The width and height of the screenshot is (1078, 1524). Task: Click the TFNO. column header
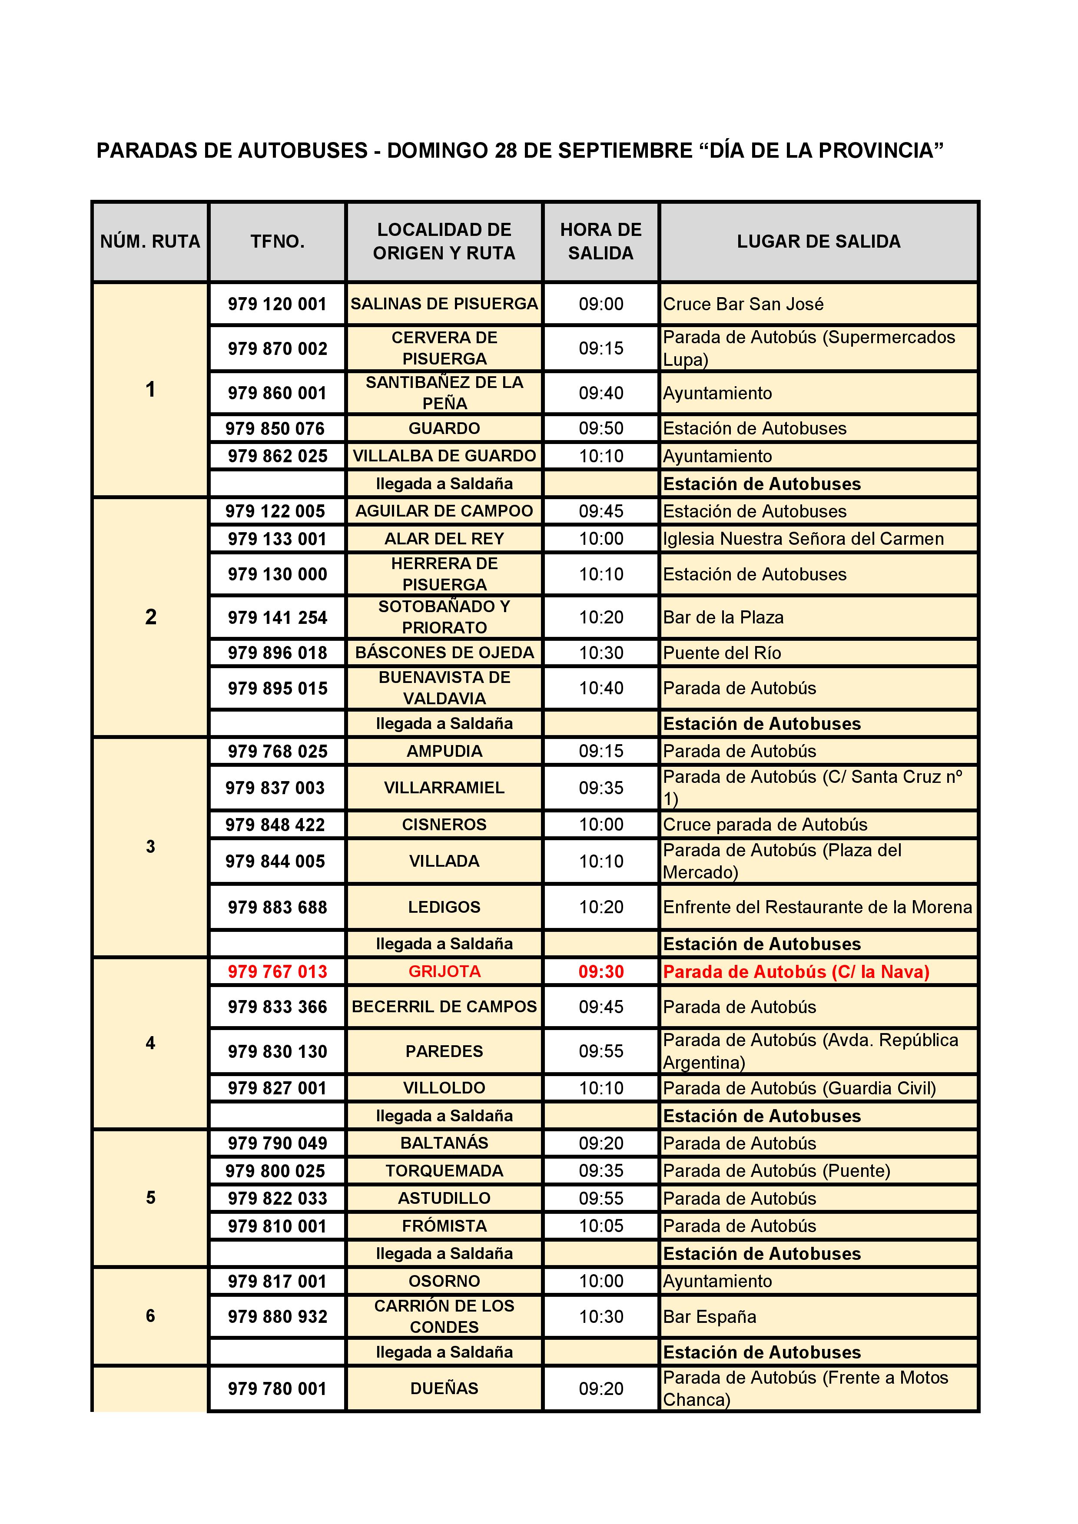[278, 242]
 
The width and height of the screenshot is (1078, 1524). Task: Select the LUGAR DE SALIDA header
[819, 242]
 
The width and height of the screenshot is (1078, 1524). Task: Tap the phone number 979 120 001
[278, 304]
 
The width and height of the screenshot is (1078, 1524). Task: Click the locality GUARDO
[444, 428]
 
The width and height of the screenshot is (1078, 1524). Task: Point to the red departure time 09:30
[601, 972]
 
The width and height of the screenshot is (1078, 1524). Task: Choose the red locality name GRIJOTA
[444, 972]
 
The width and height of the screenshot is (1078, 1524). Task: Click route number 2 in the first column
[151, 616]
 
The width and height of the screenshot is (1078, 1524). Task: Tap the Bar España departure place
[710, 1316]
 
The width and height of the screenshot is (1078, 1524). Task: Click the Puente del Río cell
[722, 653]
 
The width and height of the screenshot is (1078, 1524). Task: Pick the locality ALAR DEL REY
[444, 538]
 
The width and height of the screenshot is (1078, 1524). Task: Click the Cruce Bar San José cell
[743, 304]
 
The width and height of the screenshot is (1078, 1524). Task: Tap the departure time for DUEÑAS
[601, 1388]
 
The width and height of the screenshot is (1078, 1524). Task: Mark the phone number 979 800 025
[275, 1170]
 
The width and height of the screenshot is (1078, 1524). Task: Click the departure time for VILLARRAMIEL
[601, 788]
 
